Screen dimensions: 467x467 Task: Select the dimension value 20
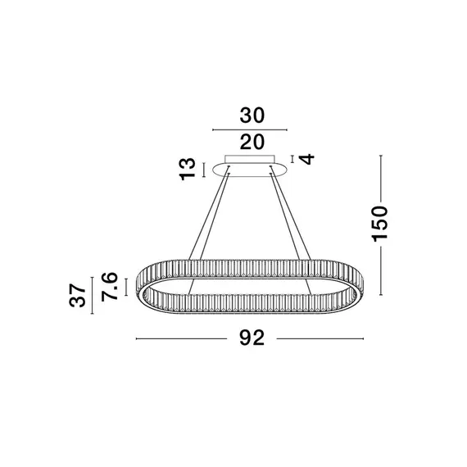[x=251, y=142]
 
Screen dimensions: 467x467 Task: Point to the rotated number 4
[x=307, y=158]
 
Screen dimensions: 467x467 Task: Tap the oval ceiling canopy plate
[x=250, y=170]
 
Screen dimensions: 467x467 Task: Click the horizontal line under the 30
[x=250, y=129]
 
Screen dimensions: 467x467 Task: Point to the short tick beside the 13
[x=204, y=170]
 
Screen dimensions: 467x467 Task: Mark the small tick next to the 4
[x=292, y=158]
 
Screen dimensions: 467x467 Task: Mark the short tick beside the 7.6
[x=124, y=287]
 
